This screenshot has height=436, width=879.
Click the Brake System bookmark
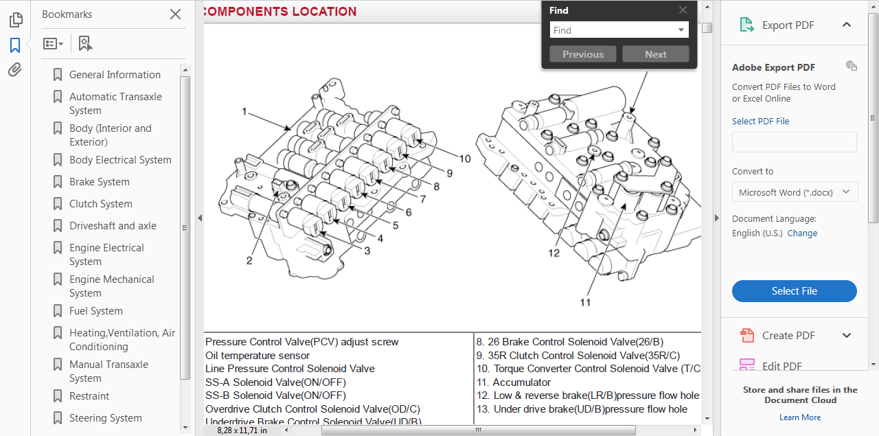coord(99,182)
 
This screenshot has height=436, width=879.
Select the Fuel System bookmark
coord(95,311)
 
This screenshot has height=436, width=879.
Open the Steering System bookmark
coord(105,418)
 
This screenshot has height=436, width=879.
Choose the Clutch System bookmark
coord(100,204)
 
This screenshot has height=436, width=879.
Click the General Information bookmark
coord(115,75)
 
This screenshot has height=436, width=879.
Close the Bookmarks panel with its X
coord(175,14)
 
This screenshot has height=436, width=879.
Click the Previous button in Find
coord(583,54)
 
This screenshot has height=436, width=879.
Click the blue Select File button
coord(794,291)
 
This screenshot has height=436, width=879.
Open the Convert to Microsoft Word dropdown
coord(794,192)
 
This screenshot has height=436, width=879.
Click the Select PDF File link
coord(760,122)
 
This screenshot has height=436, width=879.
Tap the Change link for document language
coord(802,233)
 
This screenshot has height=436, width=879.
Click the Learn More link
coord(799,417)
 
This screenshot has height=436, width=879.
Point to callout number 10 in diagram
coord(465,159)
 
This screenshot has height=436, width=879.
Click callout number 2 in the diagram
coord(249,260)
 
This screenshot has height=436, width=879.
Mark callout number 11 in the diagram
coord(585,301)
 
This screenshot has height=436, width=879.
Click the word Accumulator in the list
coord(521,382)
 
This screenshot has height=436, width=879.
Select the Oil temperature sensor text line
coord(258,356)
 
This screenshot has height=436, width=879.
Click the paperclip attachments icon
coord(15,70)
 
